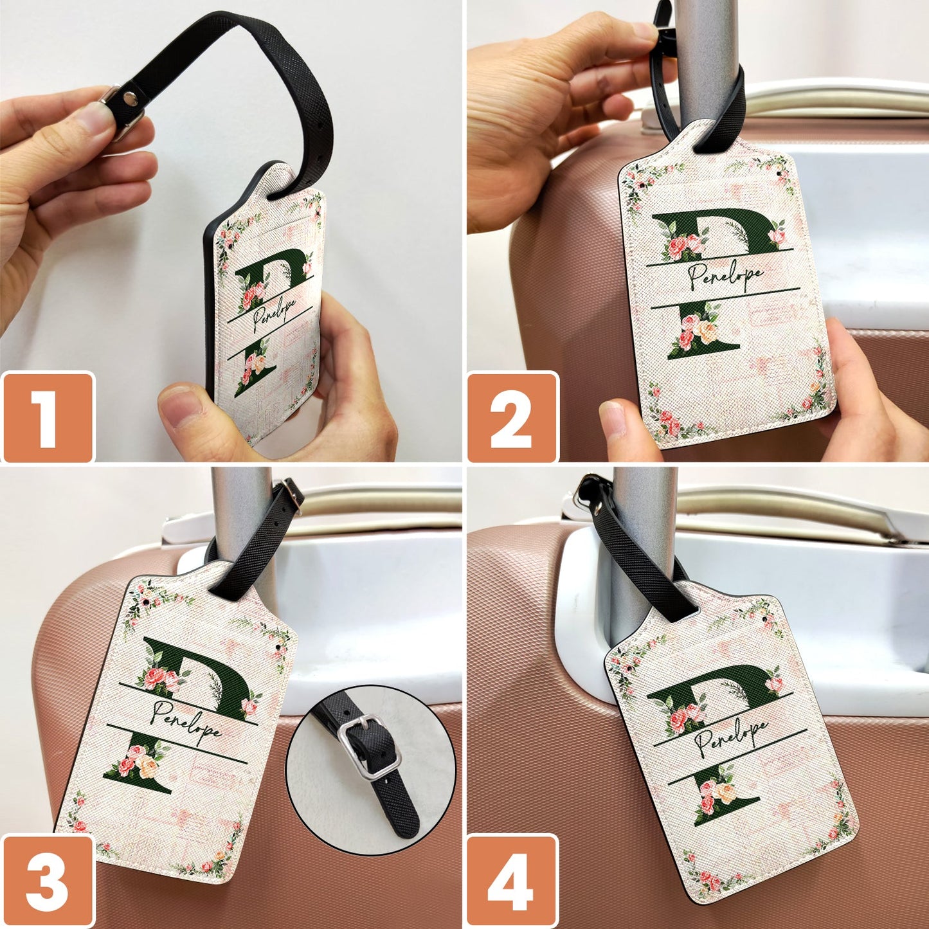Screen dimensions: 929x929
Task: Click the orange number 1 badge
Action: click(47, 417)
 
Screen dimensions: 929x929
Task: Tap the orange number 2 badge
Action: click(512, 417)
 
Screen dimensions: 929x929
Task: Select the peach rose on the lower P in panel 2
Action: click(708, 332)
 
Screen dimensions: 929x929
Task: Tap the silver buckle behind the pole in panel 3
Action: click(292, 495)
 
